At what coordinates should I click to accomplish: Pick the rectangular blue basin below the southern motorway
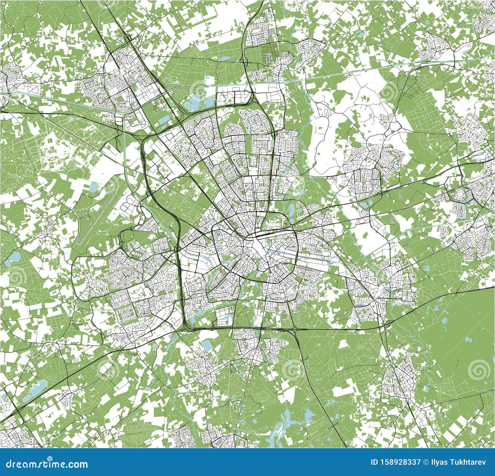205,345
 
